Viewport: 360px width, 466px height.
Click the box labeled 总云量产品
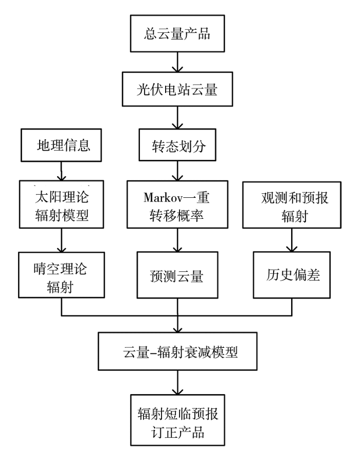point(177,33)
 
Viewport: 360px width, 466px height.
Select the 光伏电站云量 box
point(177,89)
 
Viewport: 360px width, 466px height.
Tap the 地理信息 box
point(61,145)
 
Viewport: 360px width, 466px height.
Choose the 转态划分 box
point(177,145)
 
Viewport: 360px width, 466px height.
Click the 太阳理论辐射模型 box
point(62,204)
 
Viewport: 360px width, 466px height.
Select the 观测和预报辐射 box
point(292,205)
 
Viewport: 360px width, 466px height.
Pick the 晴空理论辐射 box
point(62,275)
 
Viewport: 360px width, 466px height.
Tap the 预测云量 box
point(177,275)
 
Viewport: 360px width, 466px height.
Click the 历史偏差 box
point(292,275)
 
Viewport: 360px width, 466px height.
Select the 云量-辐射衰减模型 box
point(177,351)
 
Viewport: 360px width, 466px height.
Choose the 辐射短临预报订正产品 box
point(177,420)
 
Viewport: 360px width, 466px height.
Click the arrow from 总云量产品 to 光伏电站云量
point(177,62)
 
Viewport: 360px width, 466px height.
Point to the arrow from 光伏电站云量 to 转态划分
point(177,118)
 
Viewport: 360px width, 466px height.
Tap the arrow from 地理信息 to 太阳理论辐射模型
point(61,171)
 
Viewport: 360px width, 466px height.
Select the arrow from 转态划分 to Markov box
point(177,171)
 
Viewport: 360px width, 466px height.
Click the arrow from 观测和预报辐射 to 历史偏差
point(292,240)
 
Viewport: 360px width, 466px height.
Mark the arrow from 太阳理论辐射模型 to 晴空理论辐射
point(62,240)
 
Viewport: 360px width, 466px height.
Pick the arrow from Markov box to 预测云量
point(177,240)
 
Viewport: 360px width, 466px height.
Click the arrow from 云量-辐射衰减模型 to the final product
point(177,383)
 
